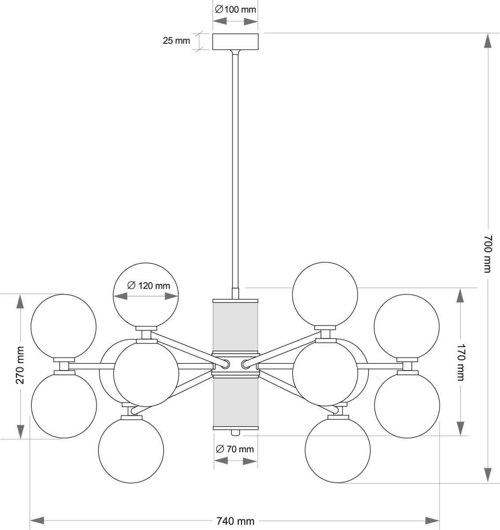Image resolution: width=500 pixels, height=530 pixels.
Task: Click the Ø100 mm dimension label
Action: pos(235,9)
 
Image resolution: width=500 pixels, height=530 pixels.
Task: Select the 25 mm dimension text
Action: pos(176,41)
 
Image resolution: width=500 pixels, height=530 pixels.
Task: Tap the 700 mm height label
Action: pos(487,254)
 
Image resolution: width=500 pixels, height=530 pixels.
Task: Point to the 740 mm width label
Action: pos(236,521)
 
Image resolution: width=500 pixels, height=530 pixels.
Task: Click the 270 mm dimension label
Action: pos(20,365)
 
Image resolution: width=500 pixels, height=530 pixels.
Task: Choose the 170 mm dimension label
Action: pos(460,362)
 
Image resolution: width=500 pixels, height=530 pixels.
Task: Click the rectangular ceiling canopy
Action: pos(235,42)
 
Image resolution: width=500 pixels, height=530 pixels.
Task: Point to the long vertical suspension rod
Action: pos(235,168)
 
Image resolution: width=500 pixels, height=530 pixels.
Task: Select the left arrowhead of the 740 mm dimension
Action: pos(37,521)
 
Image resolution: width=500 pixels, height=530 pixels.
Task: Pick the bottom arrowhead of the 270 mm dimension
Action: pos(20,431)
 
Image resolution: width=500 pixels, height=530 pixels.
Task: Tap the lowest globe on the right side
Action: pos(338,450)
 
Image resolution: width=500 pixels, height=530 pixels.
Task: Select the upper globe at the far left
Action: pos(64,326)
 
